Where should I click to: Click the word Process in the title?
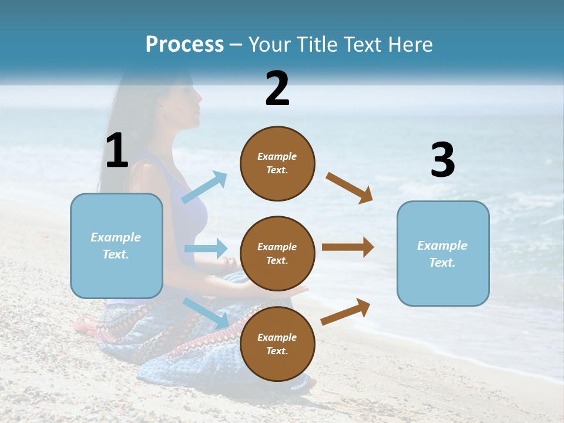(x=184, y=45)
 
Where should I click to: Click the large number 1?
(x=117, y=150)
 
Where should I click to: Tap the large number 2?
(x=277, y=89)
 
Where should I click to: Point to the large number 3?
(x=442, y=160)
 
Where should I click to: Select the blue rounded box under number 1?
(x=116, y=246)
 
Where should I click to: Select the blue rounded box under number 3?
(x=443, y=253)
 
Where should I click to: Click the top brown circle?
(x=277, y=163)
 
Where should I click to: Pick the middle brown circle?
(x=277, y=253)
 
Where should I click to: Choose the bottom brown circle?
(x=277, y=344)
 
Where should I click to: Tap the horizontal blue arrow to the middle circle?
(x=206, y=249)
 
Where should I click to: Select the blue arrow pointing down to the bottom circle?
(x=206, y=313)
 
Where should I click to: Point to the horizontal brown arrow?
(x=348, y=247)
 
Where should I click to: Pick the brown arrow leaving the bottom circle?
(x=345, y=311)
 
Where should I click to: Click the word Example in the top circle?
(x=277, y=156)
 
